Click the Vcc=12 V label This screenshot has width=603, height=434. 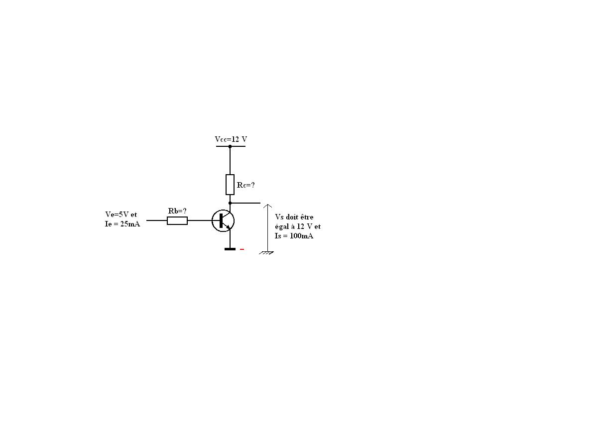pyautogui.click(x=231, y=139)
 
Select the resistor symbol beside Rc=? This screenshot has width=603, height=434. pyautogui.click(x=230, y=184)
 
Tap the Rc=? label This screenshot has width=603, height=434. pyautogui.click(x=245, y=185)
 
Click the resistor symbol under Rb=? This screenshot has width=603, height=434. pyautogui.click(x=177, y=220)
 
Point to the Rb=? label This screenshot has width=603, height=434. pyautogui.click(x=177, y=211)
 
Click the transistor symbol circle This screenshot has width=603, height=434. pyautogui.click(x=223, y=220)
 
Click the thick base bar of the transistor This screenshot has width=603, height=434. pyautogui.click(x=221, y=220)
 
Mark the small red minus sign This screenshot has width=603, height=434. pyautogui.click(x=242, y=249)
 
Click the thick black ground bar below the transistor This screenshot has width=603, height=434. pyautogui.click(x=230, y=249)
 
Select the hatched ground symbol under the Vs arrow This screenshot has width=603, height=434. pyautogui.click(x=267, y=253)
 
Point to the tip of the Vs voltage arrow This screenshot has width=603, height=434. pyautogui.click(x=267, y=205)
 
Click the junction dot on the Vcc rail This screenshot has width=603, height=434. pyautogui.click(x=230, y=146)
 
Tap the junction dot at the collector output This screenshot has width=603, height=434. pyautogui.click(x=230, y=203)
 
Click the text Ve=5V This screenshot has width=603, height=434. pyautogui.click(x=117, y=215)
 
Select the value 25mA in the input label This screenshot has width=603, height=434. pyautogui.click(x=130, y=224)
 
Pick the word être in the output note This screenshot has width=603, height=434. pyautogui.click(x=307, y=217)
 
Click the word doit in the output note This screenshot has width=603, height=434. pyautogui.click(x=291, y=217)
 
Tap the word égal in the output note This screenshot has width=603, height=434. pyautogui.click(x=282, y=226)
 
